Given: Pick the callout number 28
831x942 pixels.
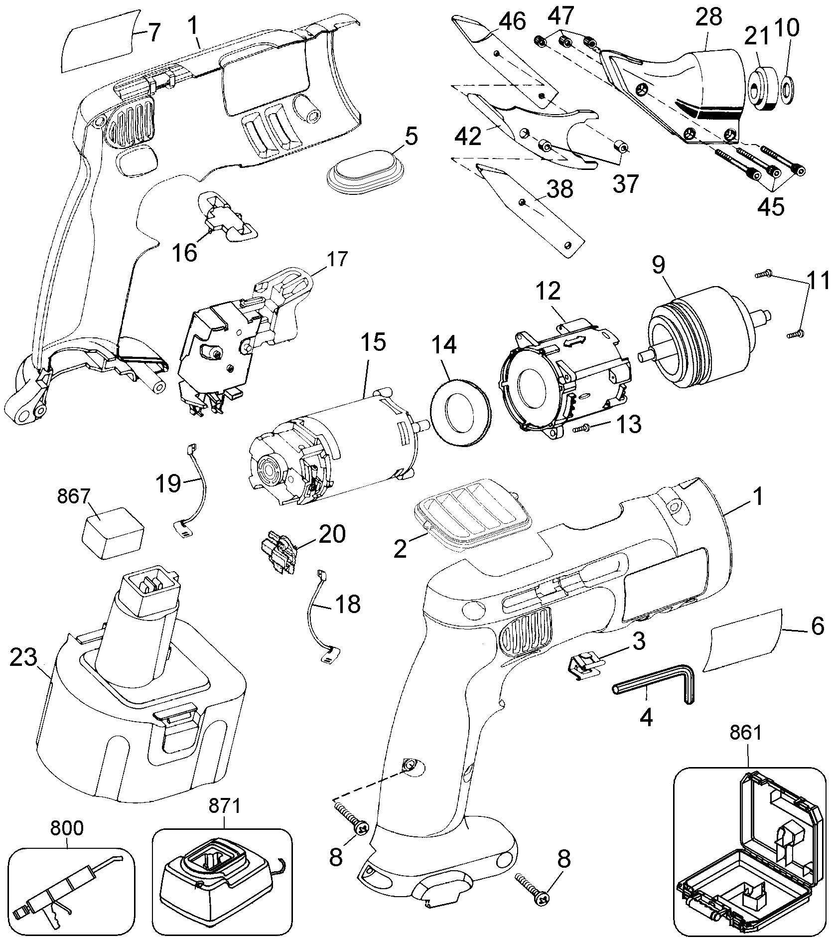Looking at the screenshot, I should (708, 18).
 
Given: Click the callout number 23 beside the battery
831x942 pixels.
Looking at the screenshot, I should (23, 658).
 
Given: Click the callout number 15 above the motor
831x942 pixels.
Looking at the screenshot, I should (373, 343).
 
